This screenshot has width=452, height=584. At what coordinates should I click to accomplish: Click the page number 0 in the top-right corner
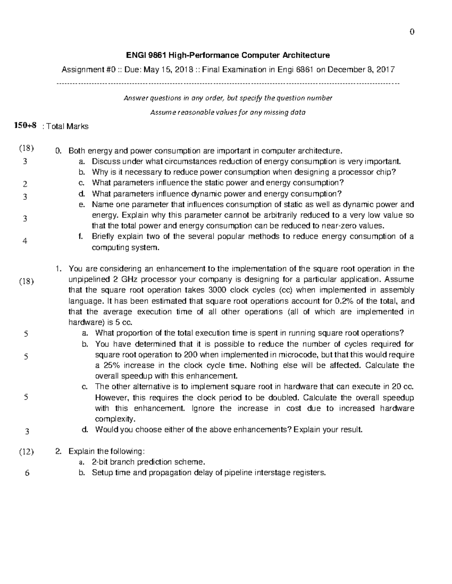tap(412, 32)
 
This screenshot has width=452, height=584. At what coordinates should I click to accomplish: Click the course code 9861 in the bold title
tap(158, 55)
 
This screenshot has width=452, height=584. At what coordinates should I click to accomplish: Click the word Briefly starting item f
tap(104, 237)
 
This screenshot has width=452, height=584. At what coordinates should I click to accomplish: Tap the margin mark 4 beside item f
tap(25, 241)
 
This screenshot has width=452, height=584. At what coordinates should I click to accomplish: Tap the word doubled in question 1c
tap(284, 398)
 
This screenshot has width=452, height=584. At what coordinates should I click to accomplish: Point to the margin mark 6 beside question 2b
tap(27, 473)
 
